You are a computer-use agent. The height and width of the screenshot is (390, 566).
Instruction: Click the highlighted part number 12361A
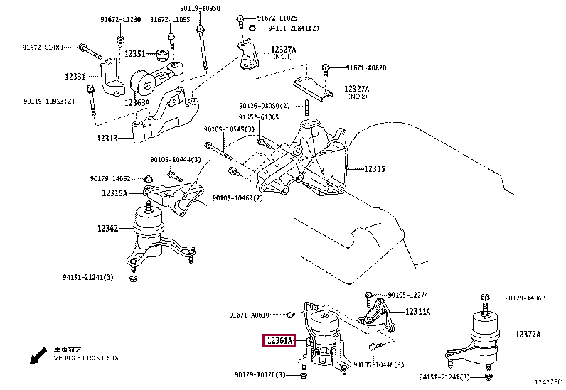tap(279, 342)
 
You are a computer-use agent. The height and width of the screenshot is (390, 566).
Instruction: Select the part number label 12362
tap(107, 229)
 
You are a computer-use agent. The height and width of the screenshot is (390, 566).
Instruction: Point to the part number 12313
tap(110, 139)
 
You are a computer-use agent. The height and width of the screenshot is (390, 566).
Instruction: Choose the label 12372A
tap(528, 334)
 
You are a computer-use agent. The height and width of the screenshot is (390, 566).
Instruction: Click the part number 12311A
tap(418, 311)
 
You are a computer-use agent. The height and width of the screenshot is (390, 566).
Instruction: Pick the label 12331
tap(75, 76)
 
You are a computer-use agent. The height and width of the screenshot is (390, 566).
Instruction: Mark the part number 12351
tap(135, 53)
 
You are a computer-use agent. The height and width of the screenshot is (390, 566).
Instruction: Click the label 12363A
tap(137, 103)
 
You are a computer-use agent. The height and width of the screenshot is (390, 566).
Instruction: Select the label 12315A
tap(114, 193)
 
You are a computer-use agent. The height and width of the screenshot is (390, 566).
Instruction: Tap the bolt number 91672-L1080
tap(43, 48)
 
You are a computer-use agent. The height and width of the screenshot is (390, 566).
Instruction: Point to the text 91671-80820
tap(366, 68)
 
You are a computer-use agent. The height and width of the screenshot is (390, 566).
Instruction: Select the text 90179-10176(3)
tap(260, 374)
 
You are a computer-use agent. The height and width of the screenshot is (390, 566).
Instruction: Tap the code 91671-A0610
tap(249, 315)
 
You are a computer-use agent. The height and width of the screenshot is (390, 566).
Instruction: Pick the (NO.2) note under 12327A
tap(357, 96)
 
